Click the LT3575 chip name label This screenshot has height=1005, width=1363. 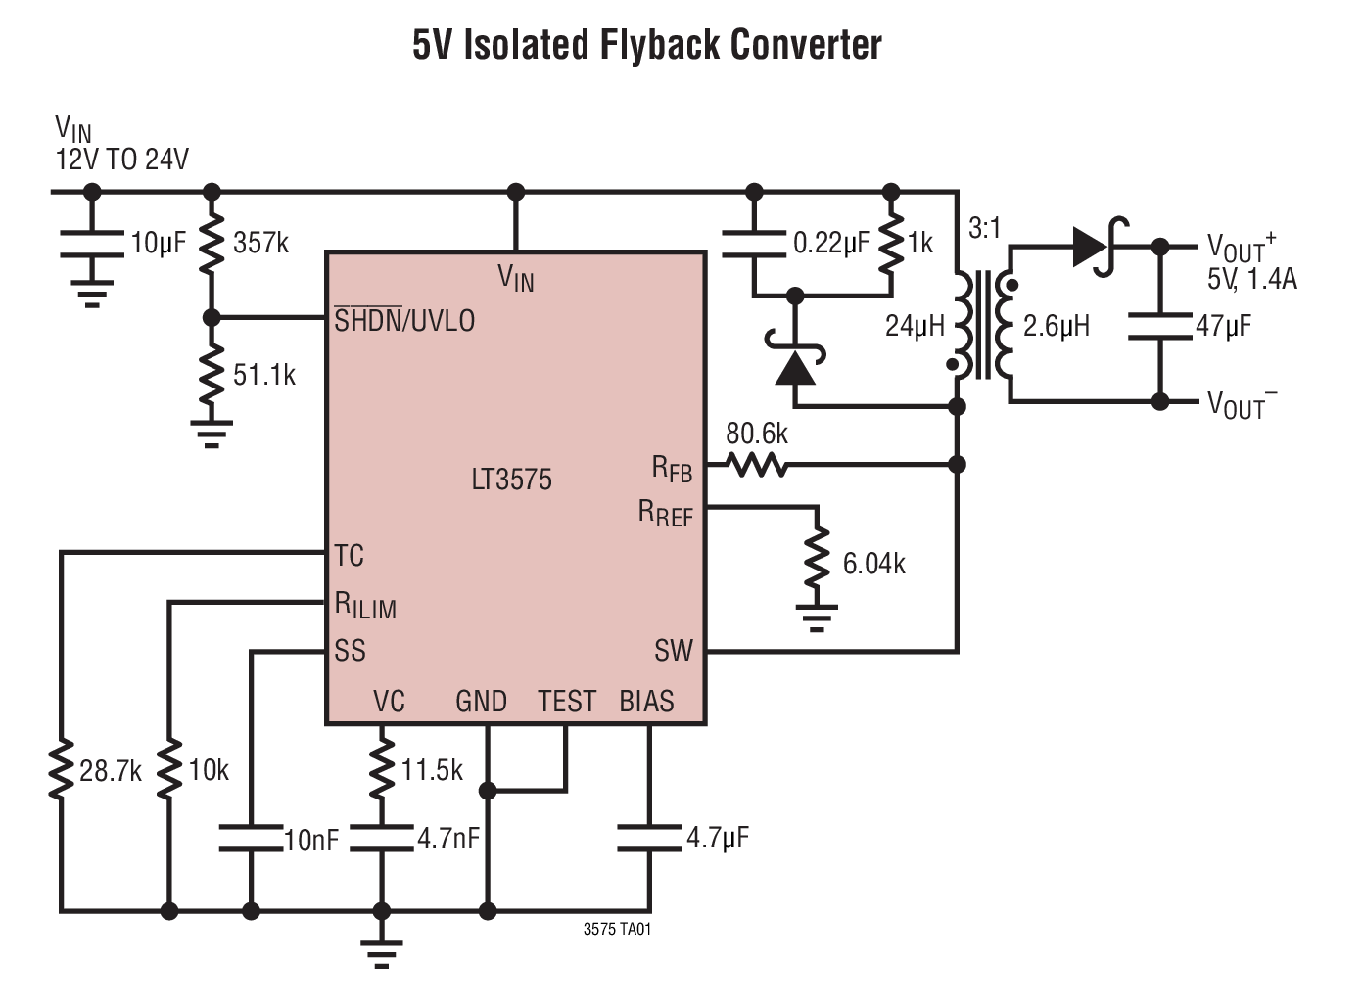511,479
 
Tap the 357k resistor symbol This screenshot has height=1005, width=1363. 211,243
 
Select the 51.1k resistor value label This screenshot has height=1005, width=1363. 263,375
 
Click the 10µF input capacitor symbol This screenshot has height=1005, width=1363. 91,244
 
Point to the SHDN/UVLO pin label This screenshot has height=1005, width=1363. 404,320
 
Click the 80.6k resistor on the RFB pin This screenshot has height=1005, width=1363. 756,464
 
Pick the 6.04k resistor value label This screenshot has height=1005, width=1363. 873,564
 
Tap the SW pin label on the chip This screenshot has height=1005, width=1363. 673,651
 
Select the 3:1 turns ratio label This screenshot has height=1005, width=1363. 984,228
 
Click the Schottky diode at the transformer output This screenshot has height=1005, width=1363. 1097,247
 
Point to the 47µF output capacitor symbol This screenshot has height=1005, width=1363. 1160,326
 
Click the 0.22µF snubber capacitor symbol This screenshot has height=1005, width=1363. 753,244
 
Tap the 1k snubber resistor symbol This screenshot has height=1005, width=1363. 890,244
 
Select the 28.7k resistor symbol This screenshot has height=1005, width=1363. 61,770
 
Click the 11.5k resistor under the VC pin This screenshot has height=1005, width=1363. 381,770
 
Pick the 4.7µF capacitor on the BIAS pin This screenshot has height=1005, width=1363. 648,838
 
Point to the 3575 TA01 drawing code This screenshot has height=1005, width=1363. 617,929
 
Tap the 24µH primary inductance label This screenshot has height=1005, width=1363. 914,326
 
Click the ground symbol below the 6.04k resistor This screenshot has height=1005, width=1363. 816,617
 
